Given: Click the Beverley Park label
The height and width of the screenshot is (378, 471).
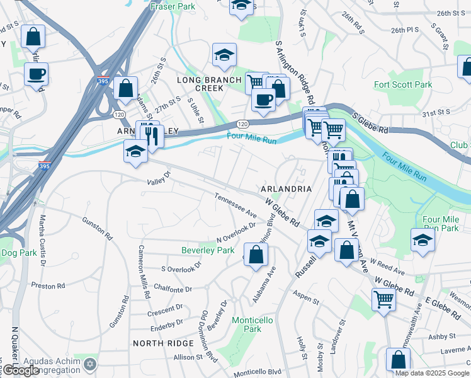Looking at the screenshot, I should (208, 250).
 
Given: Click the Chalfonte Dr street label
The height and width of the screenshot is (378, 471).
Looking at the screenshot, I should (172, 289).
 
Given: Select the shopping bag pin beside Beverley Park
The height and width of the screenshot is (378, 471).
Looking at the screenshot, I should (256, 255).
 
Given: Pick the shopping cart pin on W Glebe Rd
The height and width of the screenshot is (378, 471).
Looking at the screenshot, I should (383, 299).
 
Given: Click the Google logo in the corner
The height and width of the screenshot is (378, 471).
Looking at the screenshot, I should (21, 371).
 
